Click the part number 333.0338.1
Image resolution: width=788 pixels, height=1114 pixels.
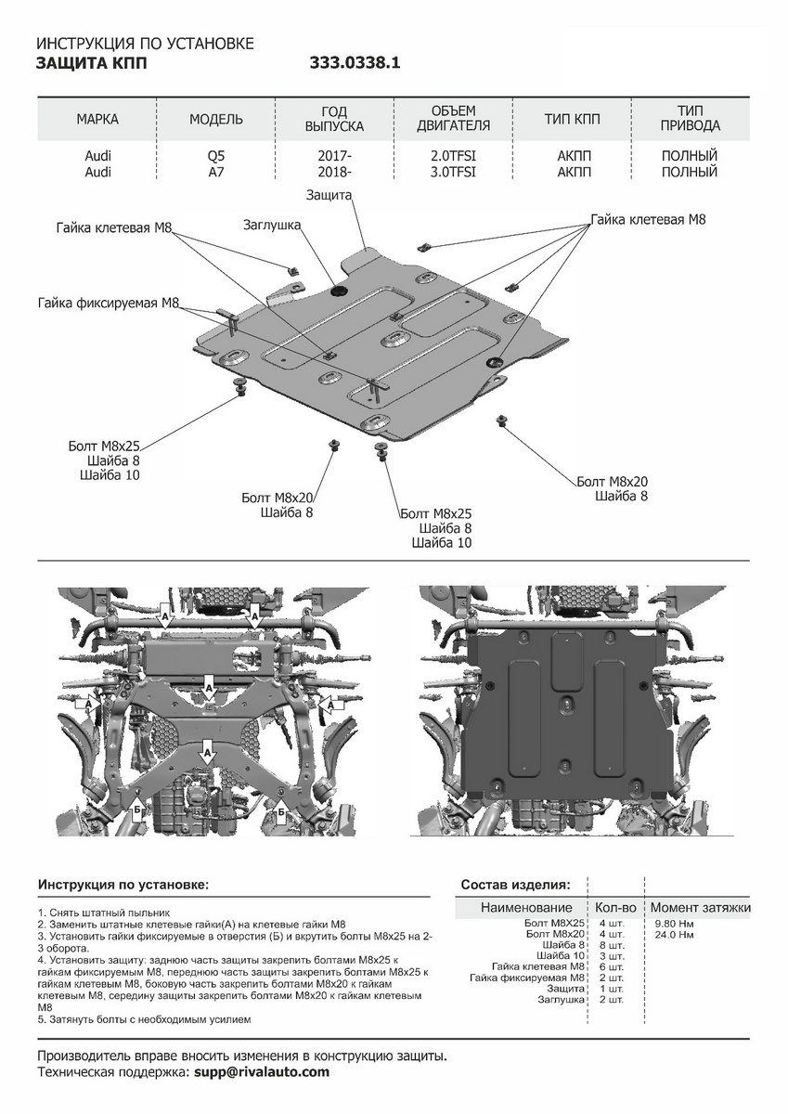click(x=354, y=64)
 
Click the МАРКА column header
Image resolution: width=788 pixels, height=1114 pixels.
click(x=97, y=119)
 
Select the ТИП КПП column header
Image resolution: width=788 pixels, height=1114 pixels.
click(x=572, y=119)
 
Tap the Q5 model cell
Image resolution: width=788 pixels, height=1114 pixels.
click(x=215, y=156)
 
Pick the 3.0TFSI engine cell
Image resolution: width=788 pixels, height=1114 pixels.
click(x=453, y=172)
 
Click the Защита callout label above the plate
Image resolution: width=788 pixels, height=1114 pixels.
click(x=329, y=195)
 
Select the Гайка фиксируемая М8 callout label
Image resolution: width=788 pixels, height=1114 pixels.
click(x=109, y=304)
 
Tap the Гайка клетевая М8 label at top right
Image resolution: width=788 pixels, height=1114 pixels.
click(x=648, y=220)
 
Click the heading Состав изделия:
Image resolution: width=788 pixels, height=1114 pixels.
click(x=516, y=885)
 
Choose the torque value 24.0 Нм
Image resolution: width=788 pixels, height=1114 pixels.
click(x=674, y=936)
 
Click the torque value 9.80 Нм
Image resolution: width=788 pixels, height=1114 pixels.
click(x=674, y=924)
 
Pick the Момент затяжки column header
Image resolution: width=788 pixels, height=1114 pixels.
click(x=700, y=907)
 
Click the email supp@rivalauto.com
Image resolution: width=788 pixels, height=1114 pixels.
click(x=262, y=1072)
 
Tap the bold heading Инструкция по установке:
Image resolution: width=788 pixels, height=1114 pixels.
click(x=123, y=885)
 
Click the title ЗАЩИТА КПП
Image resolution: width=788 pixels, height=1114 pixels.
click(x=91, y=64)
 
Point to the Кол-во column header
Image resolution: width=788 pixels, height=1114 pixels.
click(x=615, y=907)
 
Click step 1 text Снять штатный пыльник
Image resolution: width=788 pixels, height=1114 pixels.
click(x=104, y=913)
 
